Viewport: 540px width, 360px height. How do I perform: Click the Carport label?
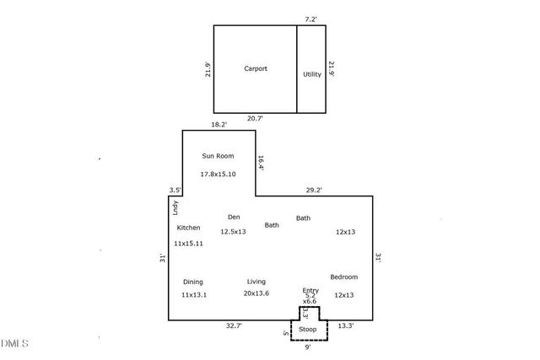click(x=256, y=69)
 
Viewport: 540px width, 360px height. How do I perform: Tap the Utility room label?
click(x=312, y=74)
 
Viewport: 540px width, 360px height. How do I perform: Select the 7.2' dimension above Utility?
click(x=312, y=18)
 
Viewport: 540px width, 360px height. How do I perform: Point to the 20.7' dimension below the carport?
click(x=255, y=119)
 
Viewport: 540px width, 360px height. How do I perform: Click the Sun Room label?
click(x=218, y=156)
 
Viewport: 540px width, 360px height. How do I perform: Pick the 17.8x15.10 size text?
click(x=218, y=174)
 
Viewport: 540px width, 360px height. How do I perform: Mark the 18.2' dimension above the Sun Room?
click(x=219, y=124)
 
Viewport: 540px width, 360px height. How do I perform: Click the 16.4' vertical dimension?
click(x=262, y=163)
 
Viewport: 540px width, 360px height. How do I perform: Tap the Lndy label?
click(x=175, y=205)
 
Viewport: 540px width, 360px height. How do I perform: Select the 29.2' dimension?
click(x=314, y=190)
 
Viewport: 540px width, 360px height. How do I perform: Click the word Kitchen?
click(x=188, y=228)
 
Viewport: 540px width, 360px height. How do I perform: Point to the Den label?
click(x=234, y=217)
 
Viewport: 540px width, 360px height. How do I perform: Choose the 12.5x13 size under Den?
click(x=233, y=231)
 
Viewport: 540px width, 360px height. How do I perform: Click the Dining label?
click(x=192, y=282)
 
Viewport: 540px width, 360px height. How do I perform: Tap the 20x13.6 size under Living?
click(x=256, y=294)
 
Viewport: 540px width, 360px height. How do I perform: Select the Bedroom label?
click(x=343, y=277)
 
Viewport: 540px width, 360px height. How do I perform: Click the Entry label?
click(x=310, y=290)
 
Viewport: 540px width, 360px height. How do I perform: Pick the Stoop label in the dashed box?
click(x=309, y=330)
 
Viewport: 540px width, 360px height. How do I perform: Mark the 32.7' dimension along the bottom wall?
click(x=235, y=325)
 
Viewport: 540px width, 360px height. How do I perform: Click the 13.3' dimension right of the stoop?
click(x=346, y=325)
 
